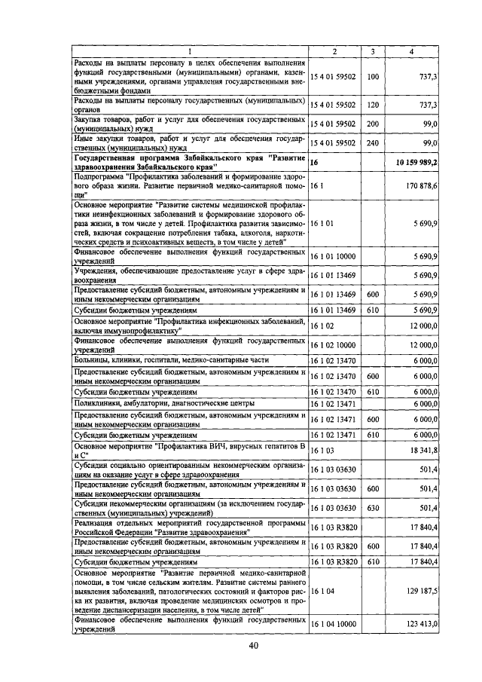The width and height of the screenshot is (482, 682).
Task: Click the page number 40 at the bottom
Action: click(x=253, y=646)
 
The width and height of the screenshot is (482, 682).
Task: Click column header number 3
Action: click(x=372, y=50)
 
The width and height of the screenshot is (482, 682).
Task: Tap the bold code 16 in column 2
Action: click(x=315, y=162)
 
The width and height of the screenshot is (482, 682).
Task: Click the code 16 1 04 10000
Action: click(x=338, y=625)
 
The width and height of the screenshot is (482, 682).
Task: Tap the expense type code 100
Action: click(x=372, y=76)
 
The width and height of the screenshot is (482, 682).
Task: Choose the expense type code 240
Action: click(x=372, y=142)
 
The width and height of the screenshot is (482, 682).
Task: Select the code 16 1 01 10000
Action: click(x=338, y=257)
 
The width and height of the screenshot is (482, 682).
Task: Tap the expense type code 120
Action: click(x=372, y=105)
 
